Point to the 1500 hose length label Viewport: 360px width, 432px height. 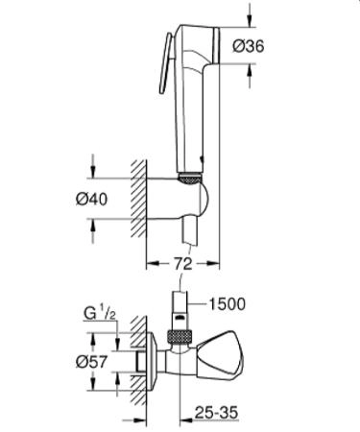[226, 304]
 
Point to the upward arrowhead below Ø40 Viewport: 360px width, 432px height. [92, 225]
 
